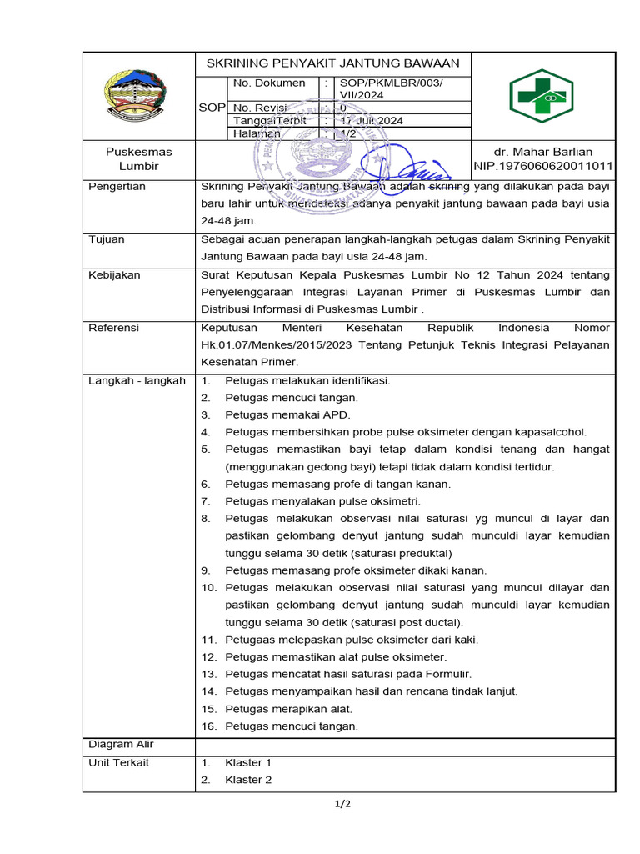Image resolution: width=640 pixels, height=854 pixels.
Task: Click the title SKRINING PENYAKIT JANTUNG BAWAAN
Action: pos(332,64)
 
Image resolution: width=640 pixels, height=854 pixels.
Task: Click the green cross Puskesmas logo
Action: pos(542,97)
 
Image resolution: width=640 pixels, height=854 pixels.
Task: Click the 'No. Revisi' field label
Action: pos(259,108)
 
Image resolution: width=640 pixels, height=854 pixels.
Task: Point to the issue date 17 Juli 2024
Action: pos(371,120)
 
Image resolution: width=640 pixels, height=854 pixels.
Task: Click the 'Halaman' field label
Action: pos(257,133)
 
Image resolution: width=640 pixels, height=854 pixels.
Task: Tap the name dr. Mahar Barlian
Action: pos(542,152)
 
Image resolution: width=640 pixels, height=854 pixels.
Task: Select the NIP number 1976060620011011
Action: pos(543,166)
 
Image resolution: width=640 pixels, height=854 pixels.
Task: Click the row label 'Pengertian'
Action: pos(117,186)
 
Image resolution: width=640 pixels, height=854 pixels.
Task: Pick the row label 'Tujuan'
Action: pos(107,239)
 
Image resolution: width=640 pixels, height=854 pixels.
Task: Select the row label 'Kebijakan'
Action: pos(115,274)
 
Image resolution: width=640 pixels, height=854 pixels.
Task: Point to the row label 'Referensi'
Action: pos(114,328)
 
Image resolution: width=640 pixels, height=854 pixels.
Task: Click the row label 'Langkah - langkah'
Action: pos(137,380)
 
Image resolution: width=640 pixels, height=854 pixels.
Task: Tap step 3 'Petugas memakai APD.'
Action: pos(287,414)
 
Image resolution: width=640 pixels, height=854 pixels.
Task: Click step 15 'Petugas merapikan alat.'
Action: pos(288,709)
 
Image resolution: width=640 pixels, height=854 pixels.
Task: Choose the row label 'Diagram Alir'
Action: pos(122,744)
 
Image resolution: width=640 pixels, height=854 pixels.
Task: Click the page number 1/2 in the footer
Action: pos(342,804)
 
